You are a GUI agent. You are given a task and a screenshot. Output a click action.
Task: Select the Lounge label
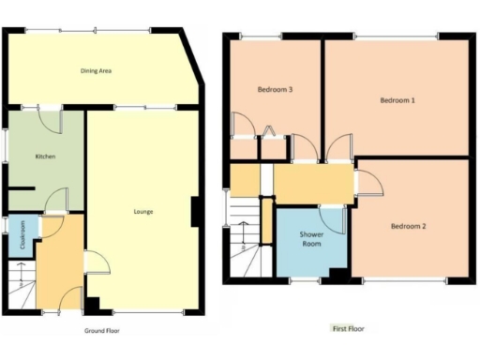point(142,212)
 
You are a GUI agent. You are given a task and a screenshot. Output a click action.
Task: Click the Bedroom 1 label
point(397,99)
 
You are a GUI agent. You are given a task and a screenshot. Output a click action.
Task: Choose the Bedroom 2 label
point(409,226)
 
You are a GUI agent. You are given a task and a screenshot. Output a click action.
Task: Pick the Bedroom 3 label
point(276,90)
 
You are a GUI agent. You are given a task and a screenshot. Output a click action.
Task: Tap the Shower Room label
point(311,239)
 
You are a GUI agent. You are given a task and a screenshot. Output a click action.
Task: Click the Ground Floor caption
point(101,331)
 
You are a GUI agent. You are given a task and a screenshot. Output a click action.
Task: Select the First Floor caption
point(348,329)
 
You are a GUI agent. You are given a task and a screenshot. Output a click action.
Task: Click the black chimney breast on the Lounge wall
point(195,212)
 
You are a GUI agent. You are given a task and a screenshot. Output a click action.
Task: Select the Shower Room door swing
point(333,217)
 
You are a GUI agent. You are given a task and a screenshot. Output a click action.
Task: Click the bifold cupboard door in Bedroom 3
point(269,131)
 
